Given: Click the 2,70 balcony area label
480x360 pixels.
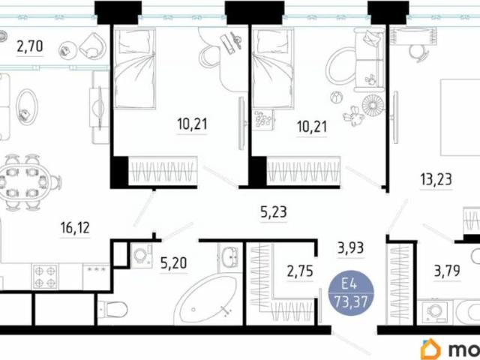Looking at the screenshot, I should coord(30,46).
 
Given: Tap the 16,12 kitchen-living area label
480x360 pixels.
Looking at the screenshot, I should coord(74,226).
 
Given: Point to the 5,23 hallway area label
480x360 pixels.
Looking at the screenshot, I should coord(274,212).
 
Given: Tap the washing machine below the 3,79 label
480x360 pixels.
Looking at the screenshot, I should coord(433,311).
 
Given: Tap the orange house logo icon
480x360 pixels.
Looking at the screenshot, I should coord(430,348).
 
